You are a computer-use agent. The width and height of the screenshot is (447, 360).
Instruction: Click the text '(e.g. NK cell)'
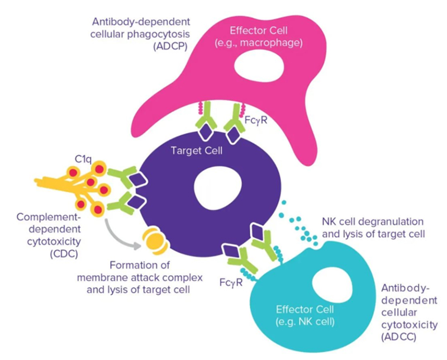305,321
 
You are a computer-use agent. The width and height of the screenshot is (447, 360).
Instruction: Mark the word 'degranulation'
383,221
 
